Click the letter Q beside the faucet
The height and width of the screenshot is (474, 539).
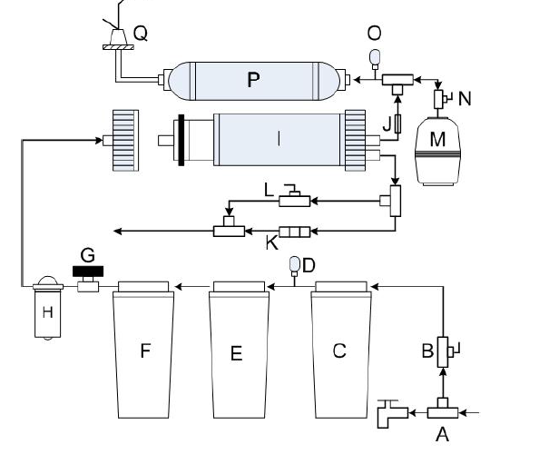[x=141, y=34]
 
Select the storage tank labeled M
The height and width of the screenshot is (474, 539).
[x=438, y=151]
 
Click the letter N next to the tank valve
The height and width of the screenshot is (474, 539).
[x=465, y=99]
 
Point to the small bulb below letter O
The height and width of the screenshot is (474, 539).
[x=375, y=58]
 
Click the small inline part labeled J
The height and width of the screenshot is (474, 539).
[x=398, y=123]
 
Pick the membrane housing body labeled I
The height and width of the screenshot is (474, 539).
[x=279, y=140]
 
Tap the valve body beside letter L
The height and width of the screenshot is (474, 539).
[x=295, y=201]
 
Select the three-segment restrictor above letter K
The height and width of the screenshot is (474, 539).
[x=295, y=232]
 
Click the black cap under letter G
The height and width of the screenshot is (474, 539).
[x=88, y=272]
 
